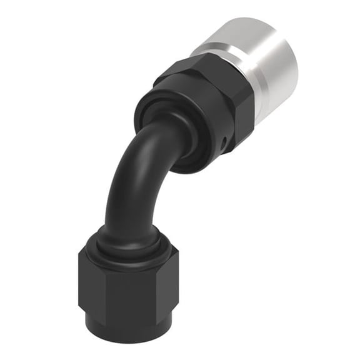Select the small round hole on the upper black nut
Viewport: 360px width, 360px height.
(224, 148)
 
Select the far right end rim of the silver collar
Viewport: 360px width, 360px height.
(292, 69)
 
